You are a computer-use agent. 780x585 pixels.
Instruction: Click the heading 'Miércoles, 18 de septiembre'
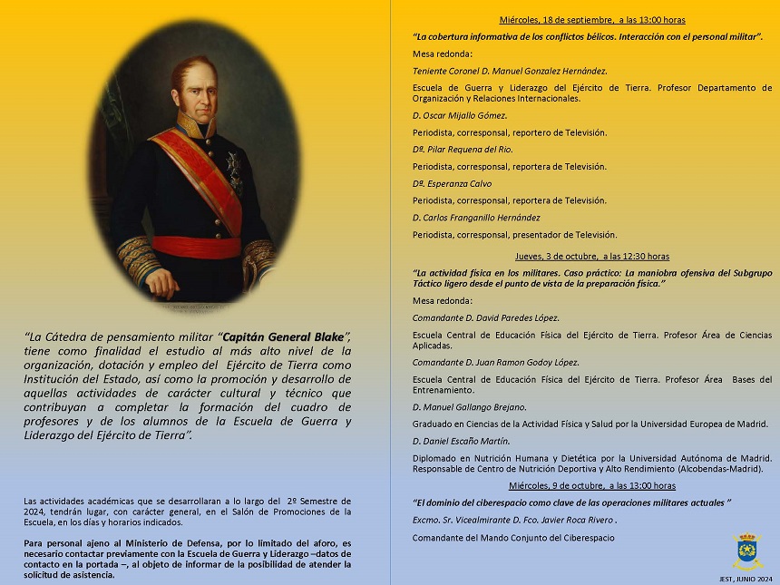(554, 19)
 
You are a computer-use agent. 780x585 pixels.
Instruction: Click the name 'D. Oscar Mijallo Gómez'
(460, 115)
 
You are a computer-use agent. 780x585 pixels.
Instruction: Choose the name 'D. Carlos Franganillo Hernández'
(476, 218)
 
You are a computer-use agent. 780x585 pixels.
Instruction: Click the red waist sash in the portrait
(195, 247)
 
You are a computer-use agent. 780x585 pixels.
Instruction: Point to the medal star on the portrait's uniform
(234, 169)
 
